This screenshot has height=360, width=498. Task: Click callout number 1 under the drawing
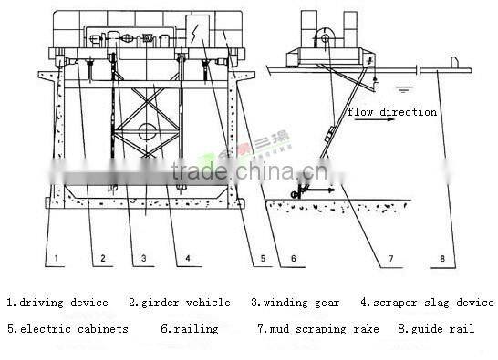56,259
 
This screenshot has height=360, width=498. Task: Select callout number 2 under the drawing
103,259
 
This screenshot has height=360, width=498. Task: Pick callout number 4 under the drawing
187,259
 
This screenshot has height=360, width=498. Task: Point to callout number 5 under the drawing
262,259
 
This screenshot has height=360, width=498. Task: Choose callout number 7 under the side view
389,259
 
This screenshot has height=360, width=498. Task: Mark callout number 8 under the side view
442,259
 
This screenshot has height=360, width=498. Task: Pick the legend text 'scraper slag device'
433,303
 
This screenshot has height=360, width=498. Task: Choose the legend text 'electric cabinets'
73,329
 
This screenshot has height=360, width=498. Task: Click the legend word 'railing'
195,329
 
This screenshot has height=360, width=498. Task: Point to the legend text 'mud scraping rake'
316,329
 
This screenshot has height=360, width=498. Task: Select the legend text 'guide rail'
442,329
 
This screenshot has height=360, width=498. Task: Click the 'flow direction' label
391,112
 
